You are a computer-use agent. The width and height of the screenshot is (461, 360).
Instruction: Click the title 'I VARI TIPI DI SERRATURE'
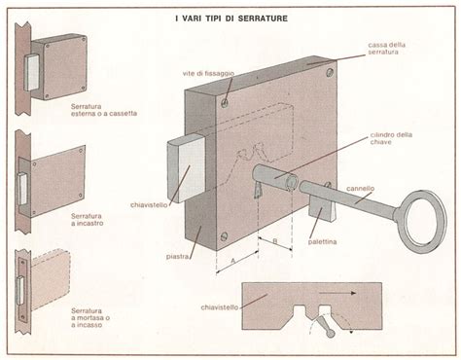pyautogui.click(x=231, y=18)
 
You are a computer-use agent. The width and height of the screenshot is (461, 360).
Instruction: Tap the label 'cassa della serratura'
pyautogui.click(x=386, y=48)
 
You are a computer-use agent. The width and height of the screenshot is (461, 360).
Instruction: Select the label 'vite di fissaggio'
pyautogui.click(x=208, y=74)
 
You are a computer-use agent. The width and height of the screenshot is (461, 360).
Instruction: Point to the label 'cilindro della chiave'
pyautogui.click(x=391, y=138)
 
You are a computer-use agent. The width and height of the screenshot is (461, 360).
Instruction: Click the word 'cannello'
pyautogui.click(x=360, y=189)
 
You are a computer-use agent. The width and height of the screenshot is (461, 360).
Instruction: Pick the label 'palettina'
pyautogui.click(x=322, y=241)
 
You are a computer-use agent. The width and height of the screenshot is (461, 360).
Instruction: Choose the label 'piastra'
pyautogui.click(x=177, y=257)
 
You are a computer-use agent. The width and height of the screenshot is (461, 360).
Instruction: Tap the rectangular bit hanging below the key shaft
pyautogui.click(x=322, y=210)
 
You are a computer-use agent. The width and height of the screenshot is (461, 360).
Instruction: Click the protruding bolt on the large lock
pyautogui.click(x=186, y=168)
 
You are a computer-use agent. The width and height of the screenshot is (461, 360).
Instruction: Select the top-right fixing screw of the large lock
pyautogui.click(x=330, y=72)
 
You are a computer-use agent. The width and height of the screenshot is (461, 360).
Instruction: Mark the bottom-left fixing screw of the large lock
pyautogui.click(x=224, y=236)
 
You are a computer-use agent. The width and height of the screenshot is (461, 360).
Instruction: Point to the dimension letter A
pyautogui.click(x=232, y=261)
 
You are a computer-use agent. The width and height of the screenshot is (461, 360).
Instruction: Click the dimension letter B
pyautogui.click(x=275, y=241)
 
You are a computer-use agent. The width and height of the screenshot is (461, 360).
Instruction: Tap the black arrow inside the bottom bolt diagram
pyautogui.click(x=337, y=293)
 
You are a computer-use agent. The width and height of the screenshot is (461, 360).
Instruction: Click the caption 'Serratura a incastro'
pyautogui.click(x=87, y=220)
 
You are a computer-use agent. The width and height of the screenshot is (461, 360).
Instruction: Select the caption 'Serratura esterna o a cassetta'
pyautogui.click(x=104, y=110)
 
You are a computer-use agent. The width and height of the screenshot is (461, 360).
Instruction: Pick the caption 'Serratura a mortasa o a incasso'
pyautogui.click(x=90, y=318)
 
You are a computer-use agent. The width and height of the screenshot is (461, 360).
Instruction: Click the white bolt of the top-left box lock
pyautogui.click(x=31, y=73)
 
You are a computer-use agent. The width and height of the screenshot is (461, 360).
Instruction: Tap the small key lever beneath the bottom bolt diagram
pyautogui.click(x=325, y=327)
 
